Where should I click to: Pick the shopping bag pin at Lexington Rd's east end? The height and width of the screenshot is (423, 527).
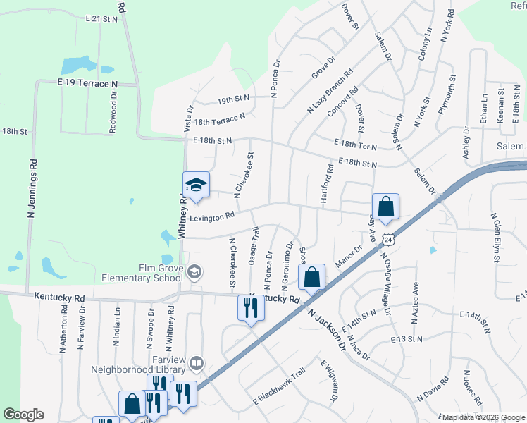tap(385, 207)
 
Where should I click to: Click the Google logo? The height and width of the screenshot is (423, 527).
tap(23, 415)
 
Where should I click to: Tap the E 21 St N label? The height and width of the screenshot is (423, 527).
tap(101, 20)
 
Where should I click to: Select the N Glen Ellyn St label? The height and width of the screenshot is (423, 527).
tap(495, 238)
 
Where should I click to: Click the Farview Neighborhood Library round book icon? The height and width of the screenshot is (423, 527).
tap(197, 364)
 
